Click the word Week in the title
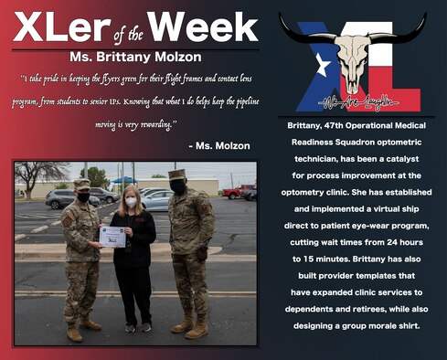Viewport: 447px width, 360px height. coord(204,27)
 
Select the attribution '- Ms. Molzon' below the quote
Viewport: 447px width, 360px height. coord(218,145)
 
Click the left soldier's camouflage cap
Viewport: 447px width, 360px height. coord(82,184)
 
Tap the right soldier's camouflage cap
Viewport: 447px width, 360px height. coord(176,175)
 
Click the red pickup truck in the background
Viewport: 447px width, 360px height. coord(239,191)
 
